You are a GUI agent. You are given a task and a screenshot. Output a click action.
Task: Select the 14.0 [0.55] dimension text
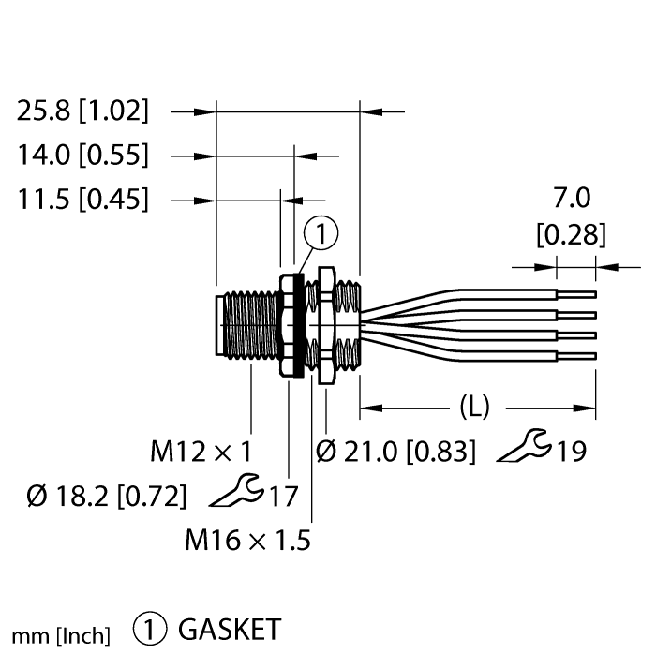click(x=82, y=155)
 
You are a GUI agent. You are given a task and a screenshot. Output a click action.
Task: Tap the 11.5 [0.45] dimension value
click(x=82, y=199)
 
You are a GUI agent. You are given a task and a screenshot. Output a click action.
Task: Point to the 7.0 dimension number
click(x=572, y=199)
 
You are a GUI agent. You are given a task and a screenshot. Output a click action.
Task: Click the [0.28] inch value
click(x=571, y=234)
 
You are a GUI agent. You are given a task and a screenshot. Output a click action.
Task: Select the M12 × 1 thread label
click(x=201, y=453)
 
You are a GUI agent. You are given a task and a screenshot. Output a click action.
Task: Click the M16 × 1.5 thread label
click(x=247, y=540)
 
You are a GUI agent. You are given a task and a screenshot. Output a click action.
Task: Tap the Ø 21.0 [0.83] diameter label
click(x=396, y=453)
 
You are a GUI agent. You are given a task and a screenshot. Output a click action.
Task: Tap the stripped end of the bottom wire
click(x=577, y=355)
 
